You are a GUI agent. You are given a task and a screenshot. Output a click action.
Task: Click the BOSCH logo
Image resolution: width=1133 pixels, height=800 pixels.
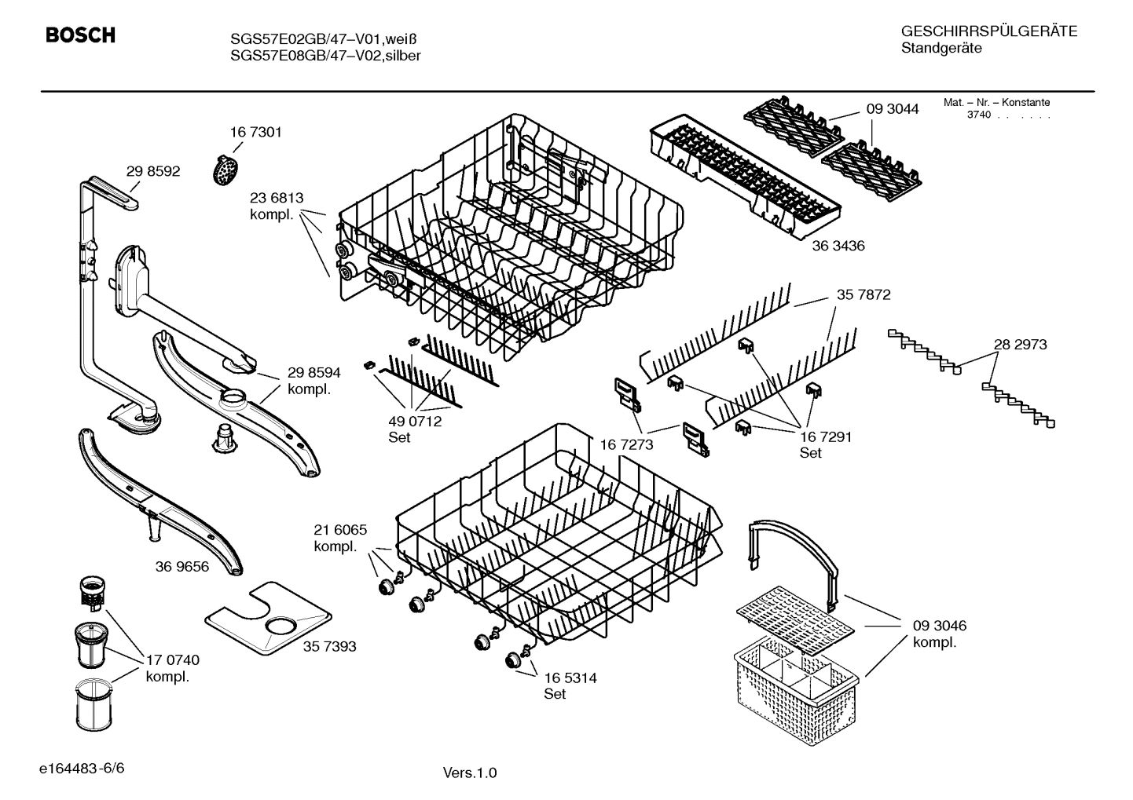point(80,35)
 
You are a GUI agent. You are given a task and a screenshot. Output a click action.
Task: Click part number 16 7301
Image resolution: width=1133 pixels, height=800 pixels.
point(255,132)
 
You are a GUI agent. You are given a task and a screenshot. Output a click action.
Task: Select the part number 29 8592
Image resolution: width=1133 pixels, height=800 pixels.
point(153,171)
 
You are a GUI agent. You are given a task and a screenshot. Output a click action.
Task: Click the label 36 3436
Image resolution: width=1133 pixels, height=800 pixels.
point(838,246)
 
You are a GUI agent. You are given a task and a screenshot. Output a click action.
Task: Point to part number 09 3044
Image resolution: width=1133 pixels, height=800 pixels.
point(893,109)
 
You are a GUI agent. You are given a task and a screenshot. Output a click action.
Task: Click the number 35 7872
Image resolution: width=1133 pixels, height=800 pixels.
point(863,294)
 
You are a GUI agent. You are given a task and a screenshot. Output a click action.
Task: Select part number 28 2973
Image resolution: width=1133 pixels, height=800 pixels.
point(1020,344)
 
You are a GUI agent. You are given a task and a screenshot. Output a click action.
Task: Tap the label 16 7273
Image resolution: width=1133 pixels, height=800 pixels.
point(626,445)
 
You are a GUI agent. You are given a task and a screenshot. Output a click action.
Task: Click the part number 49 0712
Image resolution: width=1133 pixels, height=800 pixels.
point(415,421)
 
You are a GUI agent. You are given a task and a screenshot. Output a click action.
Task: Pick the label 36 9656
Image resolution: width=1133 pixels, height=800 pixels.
point(182,566)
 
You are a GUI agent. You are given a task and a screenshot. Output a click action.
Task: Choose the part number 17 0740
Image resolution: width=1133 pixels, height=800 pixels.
point(173,660)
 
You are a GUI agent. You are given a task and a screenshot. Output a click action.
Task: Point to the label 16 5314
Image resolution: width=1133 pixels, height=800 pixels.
point(570,678)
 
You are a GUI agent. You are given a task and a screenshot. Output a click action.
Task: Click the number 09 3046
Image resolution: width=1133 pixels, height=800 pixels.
point(940,626)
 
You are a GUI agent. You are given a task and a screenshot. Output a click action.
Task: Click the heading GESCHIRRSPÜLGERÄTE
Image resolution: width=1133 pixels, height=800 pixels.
point(988,31)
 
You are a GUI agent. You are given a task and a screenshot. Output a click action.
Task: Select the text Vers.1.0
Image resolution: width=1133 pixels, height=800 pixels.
point(470,773)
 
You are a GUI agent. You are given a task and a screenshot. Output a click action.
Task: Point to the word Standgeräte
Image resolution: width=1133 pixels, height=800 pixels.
point(940,49)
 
